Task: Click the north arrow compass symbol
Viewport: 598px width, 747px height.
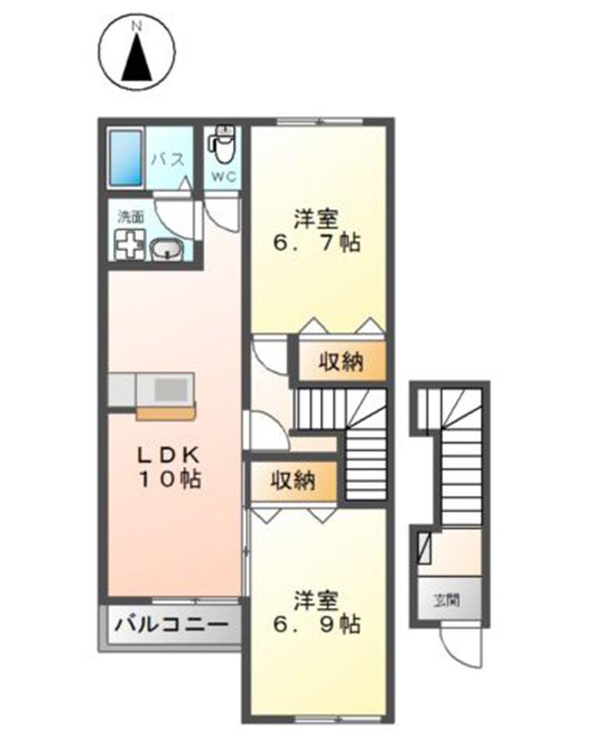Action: click(x=137, y=53)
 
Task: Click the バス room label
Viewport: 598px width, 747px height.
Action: click(x=169, y=160)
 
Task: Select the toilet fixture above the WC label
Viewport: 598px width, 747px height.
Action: click(x=223, y=143)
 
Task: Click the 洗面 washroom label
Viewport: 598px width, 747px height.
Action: click(x=131, y=216)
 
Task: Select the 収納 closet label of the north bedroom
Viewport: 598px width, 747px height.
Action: click(x=341, y=362)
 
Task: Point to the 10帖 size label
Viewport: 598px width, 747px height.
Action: click(x=169, y=479)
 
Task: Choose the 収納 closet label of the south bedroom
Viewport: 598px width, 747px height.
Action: click(x=293, y=481)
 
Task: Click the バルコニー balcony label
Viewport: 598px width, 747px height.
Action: click(x=172, y=625)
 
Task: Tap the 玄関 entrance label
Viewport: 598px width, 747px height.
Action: click(x=447, y=600)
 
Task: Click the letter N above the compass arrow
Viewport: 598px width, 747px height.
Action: click(x=137, y=25)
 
